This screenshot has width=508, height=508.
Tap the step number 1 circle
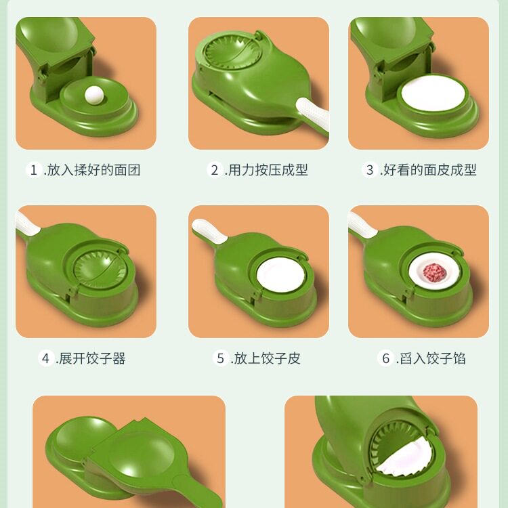pyautogui.click(x=34, y=170)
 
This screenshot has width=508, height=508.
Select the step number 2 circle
pyautogui.click(x=215, y=170)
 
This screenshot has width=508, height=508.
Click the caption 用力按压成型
pyautogui.click(x=268, y=170)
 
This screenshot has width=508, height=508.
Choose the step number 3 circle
pyautogui.click(x=370, y=170)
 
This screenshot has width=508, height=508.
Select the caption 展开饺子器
pyautogui.click(x=92, y=358)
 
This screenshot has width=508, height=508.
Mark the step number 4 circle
pyautogui.click(x=46, y=358)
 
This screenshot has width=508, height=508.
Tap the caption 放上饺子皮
pyautogui.click(x=266, y=358)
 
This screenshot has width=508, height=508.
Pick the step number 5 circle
pyautogui.click(x=220, y=358)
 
